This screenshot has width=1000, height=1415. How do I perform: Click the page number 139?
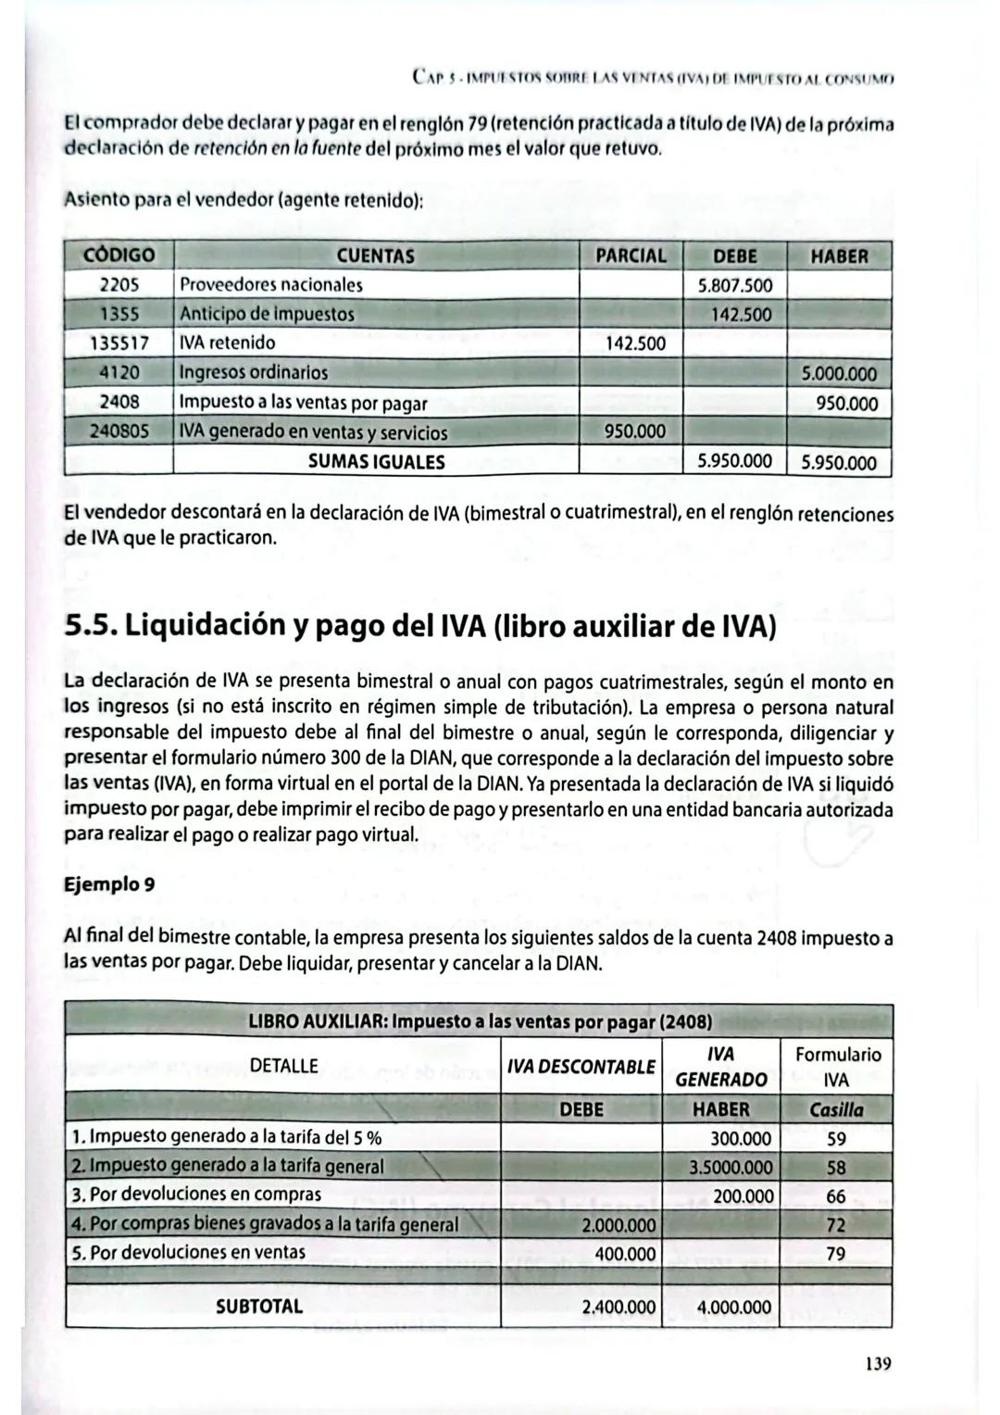(x=877, y=1363)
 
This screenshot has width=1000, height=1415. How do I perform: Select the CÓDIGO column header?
(x=119, y=256)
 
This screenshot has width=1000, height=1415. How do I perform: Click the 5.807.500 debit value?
(x=734, y=285)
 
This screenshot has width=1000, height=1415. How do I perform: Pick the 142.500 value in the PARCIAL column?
(x=634, y=344)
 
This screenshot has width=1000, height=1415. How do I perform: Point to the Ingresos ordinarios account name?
(x=254, y=373)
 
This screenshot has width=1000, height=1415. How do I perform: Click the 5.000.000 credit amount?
(x=839, y=374)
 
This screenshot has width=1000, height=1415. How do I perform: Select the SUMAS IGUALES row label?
(x=376, y=461)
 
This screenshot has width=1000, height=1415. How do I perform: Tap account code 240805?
(x=119, y=432)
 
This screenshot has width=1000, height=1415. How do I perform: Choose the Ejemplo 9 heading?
(x=108, y=884)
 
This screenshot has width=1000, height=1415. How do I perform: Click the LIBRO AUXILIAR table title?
(x=480, y=1022)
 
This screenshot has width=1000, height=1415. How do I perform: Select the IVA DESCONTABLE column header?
(x=581, y=1067)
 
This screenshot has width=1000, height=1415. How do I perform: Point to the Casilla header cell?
(x=836, y=1109)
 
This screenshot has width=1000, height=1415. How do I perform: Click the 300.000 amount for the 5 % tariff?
(x=741, y=1138)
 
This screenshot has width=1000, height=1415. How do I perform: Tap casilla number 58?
(x=836, y=1168)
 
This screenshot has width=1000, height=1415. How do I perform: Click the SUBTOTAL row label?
(x=259, y=1307)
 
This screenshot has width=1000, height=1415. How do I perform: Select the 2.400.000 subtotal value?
(x=619, y=1308)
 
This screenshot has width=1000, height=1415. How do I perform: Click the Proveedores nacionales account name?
(x=270, y=285)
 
